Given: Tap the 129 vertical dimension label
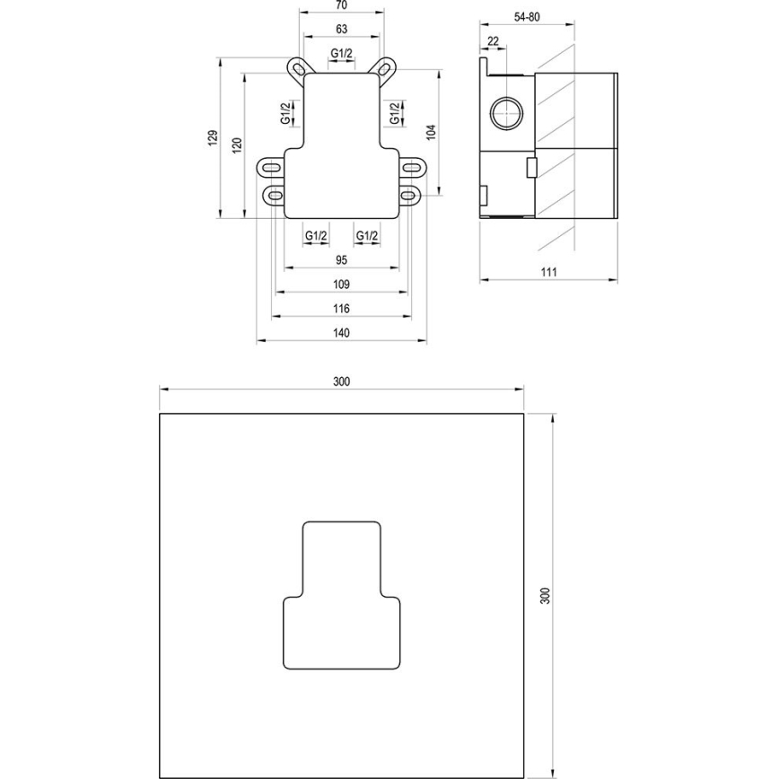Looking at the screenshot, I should pos(213,137).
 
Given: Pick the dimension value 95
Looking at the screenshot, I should pos(341,260).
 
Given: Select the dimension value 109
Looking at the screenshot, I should pos(341,284).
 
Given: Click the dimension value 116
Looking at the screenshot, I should pos(341,309).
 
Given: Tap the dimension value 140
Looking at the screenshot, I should pos(341,333).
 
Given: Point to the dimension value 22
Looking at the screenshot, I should pos(494,40).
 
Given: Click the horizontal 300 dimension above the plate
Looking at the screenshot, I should pos(341,381).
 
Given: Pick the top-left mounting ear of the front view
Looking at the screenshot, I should pos(297,68).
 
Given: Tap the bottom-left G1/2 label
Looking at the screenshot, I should pos(316,235).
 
